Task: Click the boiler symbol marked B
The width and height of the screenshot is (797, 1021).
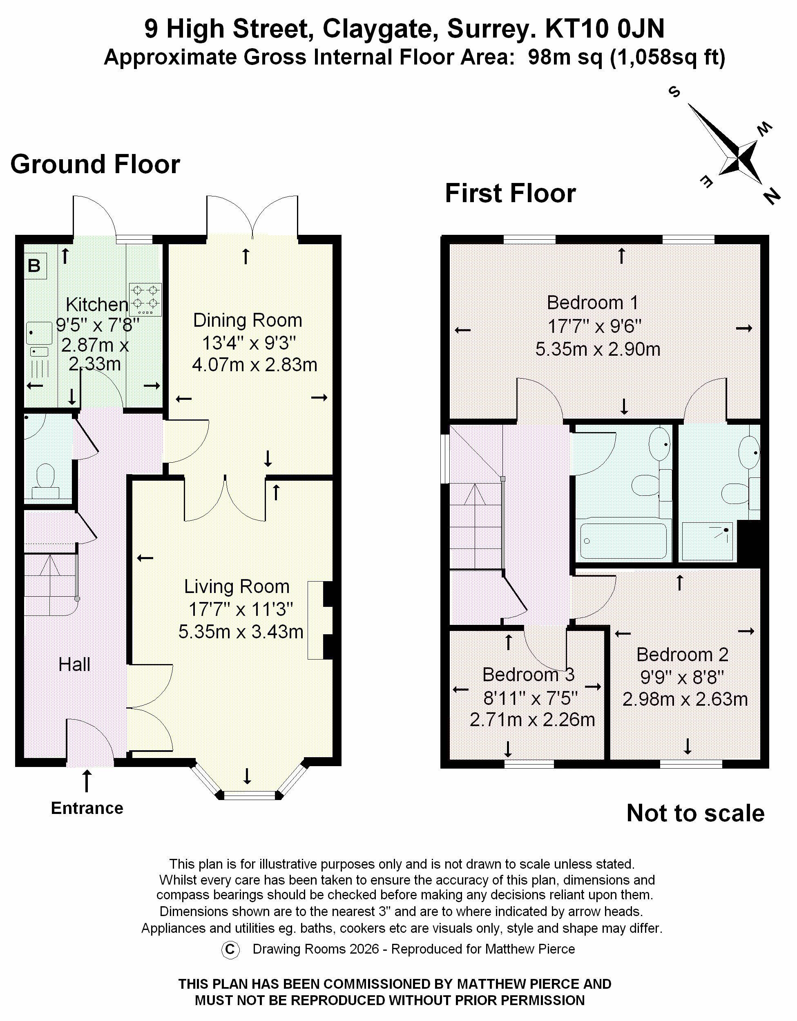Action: tap(34, 266)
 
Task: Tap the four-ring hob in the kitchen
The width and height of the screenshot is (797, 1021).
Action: tap(145, 299)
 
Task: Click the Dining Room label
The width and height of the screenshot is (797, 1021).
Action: tap(248, 321)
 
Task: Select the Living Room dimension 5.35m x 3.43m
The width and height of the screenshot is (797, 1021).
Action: tap(241, 631)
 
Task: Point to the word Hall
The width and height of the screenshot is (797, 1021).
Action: tap(74, 664)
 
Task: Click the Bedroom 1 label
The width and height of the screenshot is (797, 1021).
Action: tap(592, 303)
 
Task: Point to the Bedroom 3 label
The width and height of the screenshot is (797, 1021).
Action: tap(529, 675)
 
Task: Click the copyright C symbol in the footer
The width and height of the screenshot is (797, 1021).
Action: tap(230, 950)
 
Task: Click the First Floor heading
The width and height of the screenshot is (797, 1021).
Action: tap(510, 194)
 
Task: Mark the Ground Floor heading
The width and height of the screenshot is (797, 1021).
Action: tap(96, 165)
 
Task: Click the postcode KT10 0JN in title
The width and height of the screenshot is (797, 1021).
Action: tap(604, 29)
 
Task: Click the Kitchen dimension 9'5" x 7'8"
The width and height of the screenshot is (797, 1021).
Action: tap(97, 324)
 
